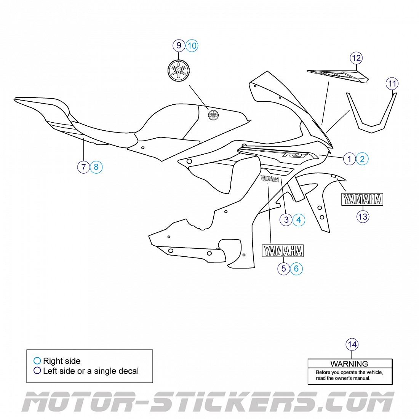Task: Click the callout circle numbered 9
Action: click(179, 46)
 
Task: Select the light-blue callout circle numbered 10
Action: click(192, 46)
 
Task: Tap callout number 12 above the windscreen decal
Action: click(356, 58)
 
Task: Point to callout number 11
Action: click(392, 83)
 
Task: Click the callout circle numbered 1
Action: click(349, 159)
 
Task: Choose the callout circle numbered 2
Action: click(362, 159)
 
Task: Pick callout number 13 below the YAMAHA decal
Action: click(363, 217)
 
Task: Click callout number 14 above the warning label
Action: click(352, 345)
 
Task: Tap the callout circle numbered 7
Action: click(83, 167)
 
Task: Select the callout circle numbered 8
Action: click(96, 167)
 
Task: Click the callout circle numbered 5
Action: click(283, 269)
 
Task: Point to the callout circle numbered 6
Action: click(296, 269)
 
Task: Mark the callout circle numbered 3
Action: click(286, 220)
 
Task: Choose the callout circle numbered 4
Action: click(299, 220)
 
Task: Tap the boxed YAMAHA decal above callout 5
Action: click(283, 251)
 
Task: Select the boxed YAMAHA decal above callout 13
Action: click(362, 199)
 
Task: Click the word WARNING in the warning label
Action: click(349, 364)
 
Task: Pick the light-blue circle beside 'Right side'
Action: click(37, 361)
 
